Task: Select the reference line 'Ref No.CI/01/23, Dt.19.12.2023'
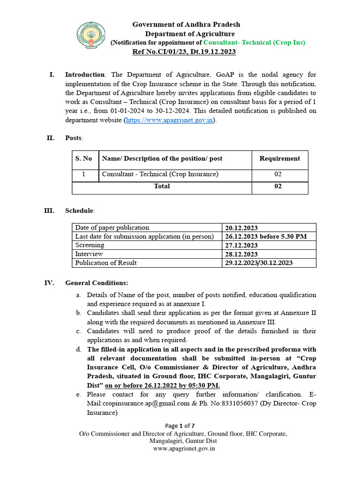[184, 52]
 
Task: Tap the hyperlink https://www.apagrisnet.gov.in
[170, 120]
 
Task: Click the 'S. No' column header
[84, 159]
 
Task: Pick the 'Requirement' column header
[279, 159]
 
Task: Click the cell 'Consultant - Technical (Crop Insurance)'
[160, 174]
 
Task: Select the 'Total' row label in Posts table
[162, 187]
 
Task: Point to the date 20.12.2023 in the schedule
[241, 228]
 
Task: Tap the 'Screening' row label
[90, 245]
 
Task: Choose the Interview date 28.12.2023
[241, 254]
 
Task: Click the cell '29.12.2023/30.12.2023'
[259, 263]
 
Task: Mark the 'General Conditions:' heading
[97, 283]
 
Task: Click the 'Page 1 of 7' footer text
[180, 426]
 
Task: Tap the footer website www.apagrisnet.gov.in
[184, 449]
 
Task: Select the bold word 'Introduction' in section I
[85, 75]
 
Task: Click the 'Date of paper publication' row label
[112, 228]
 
